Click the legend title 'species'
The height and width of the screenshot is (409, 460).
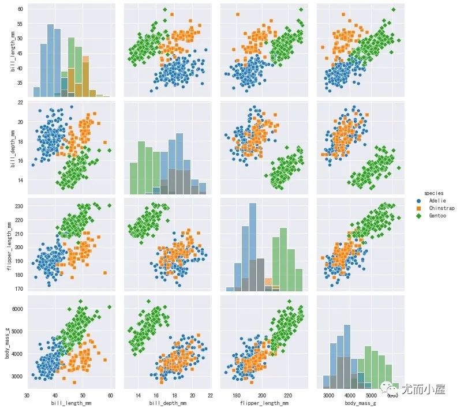tap(433, 193)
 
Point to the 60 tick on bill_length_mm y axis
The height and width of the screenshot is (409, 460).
tap(20, 9)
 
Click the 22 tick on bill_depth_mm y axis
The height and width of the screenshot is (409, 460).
tap(20, 102)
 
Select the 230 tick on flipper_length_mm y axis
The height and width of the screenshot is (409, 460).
tap(18, 205)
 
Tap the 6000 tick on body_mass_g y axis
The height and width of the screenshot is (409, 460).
tap(17, 309)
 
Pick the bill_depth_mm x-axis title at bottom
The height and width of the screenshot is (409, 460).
tap(166, 404)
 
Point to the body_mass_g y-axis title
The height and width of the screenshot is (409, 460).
tap(6, 342)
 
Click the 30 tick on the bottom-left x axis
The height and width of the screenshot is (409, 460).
tap(27, 396)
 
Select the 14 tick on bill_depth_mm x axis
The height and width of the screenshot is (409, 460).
tap(139, 396)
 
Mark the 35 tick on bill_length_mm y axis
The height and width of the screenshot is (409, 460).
tap(20, 83)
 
